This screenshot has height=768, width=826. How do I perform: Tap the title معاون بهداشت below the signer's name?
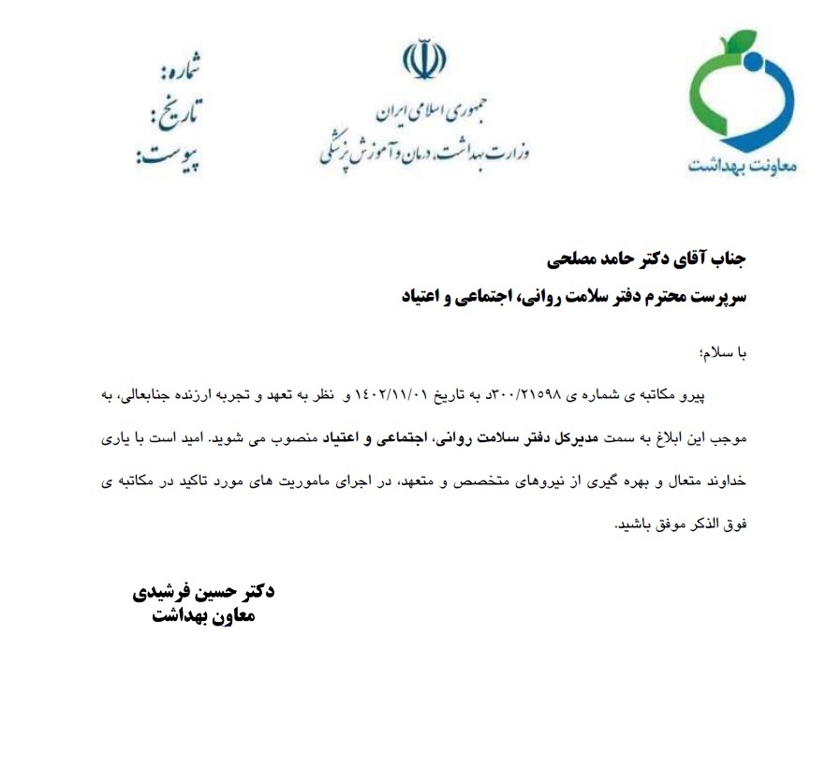point(202,617)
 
